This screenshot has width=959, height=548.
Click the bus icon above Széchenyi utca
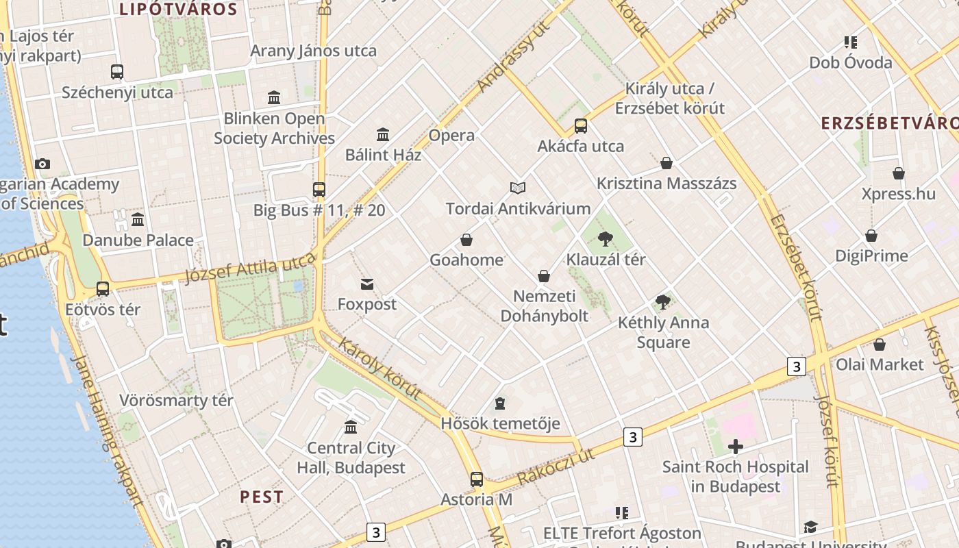click(117, 71)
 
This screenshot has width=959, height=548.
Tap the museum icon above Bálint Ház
click(383, 134)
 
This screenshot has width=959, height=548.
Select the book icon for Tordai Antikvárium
click(518, 188)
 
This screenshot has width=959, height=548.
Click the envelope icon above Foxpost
click(367, 284)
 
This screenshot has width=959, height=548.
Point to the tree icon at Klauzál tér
click(605, 239)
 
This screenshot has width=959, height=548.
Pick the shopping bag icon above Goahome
click(466, 240)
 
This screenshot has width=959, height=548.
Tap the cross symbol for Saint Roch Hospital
click(736, 447)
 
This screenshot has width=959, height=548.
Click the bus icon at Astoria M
click(476, 480)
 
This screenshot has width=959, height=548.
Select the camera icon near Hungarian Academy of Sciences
click(42, 164)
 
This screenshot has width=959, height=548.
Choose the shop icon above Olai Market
click(879, 344)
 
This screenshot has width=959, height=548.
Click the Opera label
click(451, 135)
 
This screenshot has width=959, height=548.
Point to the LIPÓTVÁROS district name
click(178, 10)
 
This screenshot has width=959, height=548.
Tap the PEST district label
click(262, 497)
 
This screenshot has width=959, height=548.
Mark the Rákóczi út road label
click(556, 466)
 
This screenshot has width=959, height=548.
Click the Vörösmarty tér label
click(176, 400)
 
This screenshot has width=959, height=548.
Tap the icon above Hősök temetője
click(500, 403)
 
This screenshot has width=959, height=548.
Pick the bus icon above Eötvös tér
click(103, 289)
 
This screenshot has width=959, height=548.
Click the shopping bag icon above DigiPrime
click(871, 236)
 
